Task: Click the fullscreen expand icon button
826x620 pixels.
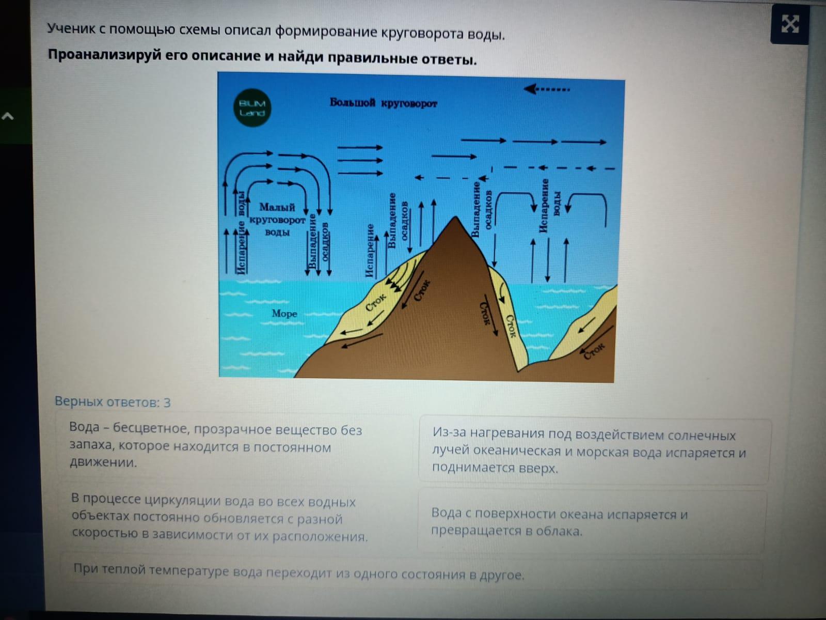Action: tap(789, 25)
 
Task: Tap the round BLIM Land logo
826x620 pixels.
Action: tap(252, 107)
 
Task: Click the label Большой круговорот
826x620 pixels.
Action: tap(384, 103)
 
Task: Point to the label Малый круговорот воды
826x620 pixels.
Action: tap(277, 220)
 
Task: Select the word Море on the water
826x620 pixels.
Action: tap(284, 314)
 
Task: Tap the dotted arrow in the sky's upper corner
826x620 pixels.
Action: tap(546, 89)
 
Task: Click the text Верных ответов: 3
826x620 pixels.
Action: tap(113, 402)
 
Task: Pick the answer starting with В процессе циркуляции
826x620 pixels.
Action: tap(219, 519)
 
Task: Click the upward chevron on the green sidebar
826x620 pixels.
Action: tap(8, 116)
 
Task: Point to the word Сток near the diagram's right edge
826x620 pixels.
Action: tap(594, 350)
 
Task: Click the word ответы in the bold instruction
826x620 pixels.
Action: tap(449, 59)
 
